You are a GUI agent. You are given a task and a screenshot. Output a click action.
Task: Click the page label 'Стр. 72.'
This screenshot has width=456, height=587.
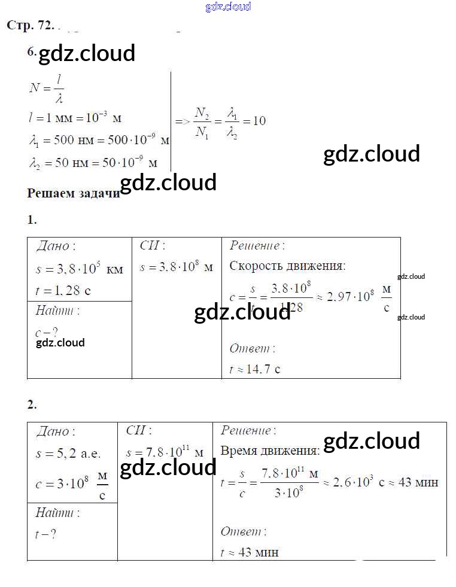tap(30, 25)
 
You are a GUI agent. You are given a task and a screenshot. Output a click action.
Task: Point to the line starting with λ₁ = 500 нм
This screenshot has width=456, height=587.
tap(99, 141)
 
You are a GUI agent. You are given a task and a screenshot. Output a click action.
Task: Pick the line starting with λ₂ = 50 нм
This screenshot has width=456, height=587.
tap(93, 163)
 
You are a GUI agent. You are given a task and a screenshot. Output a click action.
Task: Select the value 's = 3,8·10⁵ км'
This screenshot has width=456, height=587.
tap(79, 269)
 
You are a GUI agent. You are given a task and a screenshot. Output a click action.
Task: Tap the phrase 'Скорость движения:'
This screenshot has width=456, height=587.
tap(287, 266)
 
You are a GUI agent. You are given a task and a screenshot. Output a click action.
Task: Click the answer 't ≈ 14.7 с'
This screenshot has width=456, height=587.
tap(255, 369)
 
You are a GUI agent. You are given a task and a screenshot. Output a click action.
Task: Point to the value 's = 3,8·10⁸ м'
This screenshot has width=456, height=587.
tap(176, 267)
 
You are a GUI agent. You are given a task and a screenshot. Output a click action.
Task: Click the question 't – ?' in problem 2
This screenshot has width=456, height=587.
tap(46, 534)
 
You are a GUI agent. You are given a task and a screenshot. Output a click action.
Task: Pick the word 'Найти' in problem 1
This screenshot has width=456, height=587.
tap(57, 311)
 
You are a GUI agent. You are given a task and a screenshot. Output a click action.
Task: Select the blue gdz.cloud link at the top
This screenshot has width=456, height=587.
tap(228, 7)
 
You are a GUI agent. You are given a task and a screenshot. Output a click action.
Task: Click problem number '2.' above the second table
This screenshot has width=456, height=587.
tap(32, 404)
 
